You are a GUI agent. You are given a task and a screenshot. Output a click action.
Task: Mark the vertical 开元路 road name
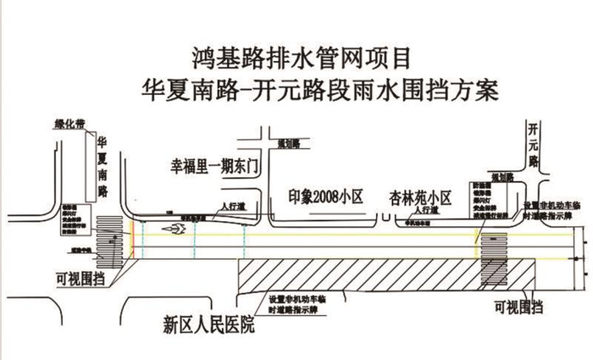[533, 144]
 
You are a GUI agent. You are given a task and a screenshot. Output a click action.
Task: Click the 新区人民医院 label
[208, 324]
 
